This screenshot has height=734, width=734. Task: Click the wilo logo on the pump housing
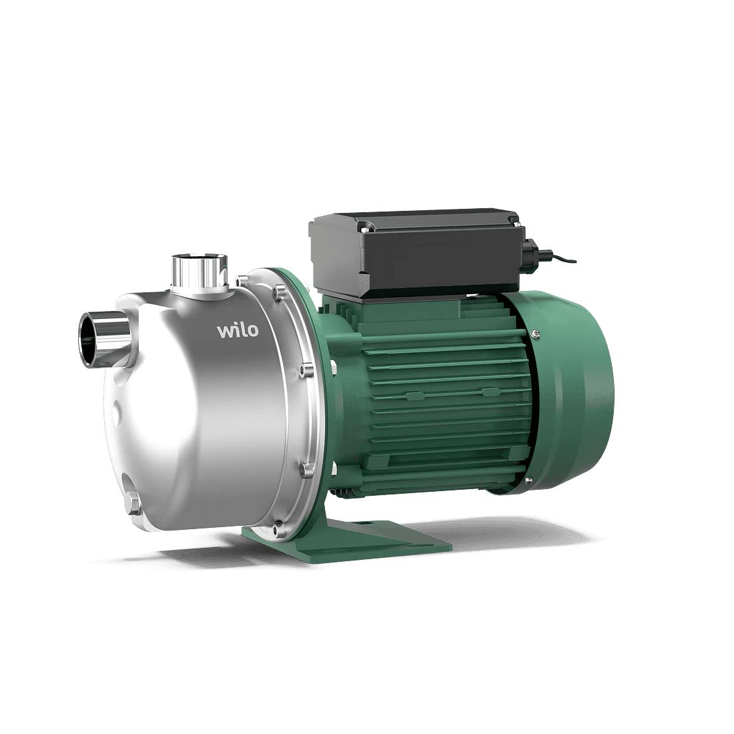[x=238, y=330]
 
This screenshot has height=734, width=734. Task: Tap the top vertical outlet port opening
[x=200, y=259]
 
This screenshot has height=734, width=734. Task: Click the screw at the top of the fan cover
[x=536, y=333]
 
